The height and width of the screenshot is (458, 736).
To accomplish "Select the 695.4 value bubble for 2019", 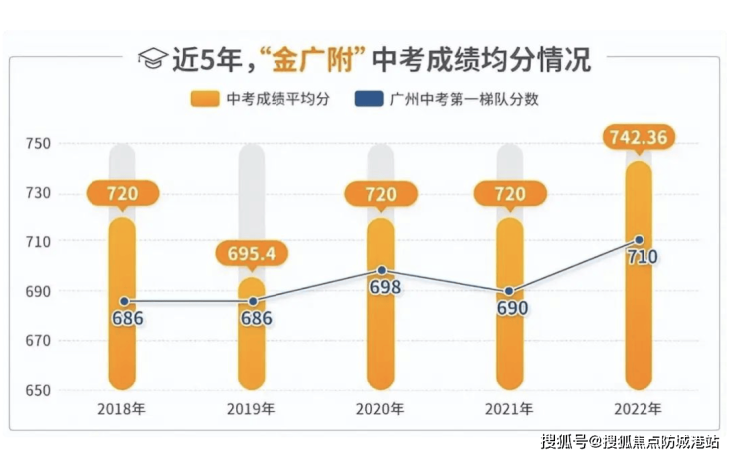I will pyautogui.click(x=252, y=253).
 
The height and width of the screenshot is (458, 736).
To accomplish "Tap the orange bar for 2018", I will pyautogui.click(x=122, y=338).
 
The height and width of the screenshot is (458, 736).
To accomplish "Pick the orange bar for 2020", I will pyautogui.click(x=381, y=338).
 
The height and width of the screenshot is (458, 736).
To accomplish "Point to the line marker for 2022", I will pyautogui.click(x=639, y=240).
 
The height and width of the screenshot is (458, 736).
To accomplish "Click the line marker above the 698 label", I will pyautogui.click(x=381, y=270).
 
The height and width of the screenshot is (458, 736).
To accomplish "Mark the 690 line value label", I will pyautogui.click(x=510, y=308).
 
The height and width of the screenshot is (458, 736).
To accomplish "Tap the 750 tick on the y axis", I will pyautogui.click(x=38, y=144).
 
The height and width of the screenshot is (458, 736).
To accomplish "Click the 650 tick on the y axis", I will pyautogui.click(x=38, y=390).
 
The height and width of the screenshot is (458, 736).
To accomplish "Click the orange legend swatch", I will pyautogui.click(x=204, y=99).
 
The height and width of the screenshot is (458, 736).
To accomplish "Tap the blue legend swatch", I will pyautogui.click(x=370, y=99).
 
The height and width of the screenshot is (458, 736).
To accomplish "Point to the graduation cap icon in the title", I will pyautogui.click(x=152, y=59).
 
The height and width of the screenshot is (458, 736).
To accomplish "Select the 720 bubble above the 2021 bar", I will pyautogui.click(x=510, y=193).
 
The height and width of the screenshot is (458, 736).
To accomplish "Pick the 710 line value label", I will pyautogui.click(x=643, y=258).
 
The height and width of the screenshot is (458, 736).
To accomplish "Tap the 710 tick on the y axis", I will pyautogui.click(x=38, y=242).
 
